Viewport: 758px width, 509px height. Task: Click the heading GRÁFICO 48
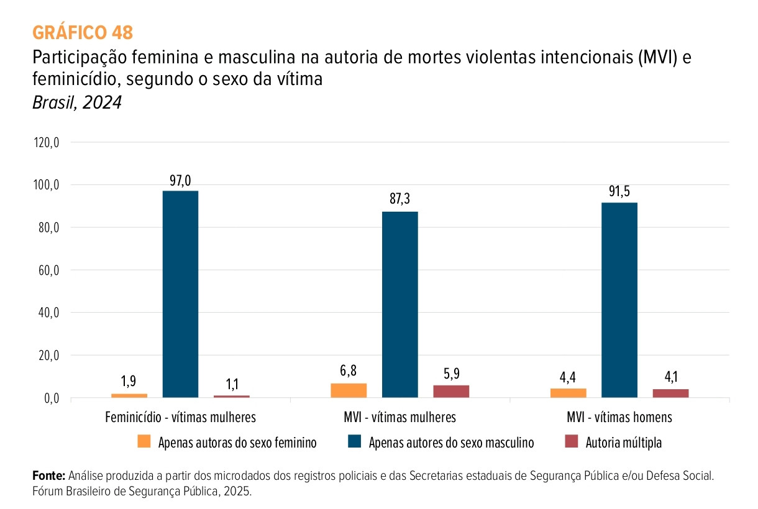point(82,32)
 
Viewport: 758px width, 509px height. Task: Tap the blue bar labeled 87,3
point(400,304)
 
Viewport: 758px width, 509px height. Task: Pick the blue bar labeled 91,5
point(619,300)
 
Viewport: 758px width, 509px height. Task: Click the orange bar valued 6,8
point(349,390)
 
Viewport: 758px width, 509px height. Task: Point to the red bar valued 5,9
point(451,391)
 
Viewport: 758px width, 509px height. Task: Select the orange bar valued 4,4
point(568,393)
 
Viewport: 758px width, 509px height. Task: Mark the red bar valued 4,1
point(670,393)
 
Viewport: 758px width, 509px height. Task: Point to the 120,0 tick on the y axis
point(47,143)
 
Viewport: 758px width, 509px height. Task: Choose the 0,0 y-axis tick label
point(51,399)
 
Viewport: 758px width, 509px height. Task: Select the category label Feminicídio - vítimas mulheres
point(180,417)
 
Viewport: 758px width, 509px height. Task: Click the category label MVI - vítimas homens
point(619,417)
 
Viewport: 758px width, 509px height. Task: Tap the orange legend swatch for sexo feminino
point(144,442)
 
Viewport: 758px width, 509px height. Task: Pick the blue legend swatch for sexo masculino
point(355,442)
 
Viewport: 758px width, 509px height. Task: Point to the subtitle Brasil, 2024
point(77,102)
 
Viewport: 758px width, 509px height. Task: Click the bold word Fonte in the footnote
point(48,476)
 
